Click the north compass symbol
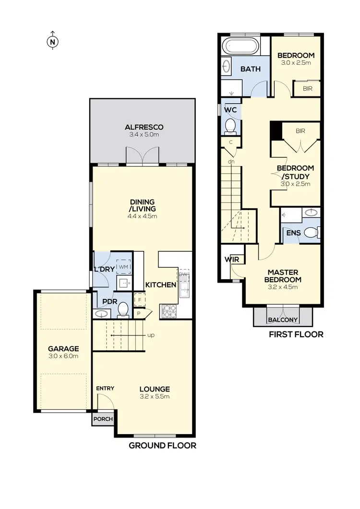coord(52,42)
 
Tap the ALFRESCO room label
coord(144,127)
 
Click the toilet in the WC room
coord(230,126)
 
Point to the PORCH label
coord(103,419)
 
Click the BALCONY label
coord(282,320)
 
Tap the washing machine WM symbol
coord(124,266)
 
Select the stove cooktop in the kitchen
coord(169,311)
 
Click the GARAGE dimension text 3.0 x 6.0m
coord(63,356)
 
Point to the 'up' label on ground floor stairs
coord(151,335)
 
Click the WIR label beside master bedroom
coord(231,260)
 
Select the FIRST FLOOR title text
coord(296,334)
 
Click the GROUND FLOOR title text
coord(162,445)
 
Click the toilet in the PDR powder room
coord(123,310)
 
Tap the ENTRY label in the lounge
coord(105,388)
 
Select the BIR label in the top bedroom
coord(307,89)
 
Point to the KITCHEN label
coord(161,285)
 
